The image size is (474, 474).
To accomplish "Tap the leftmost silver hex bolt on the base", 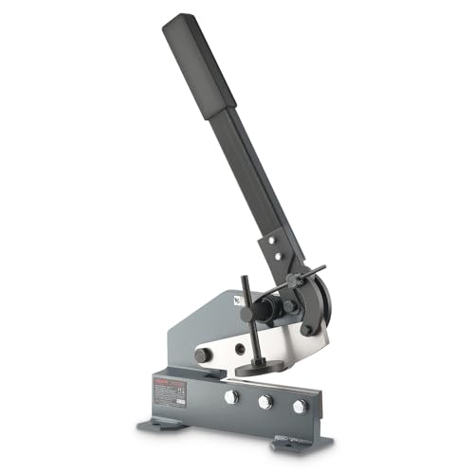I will point(230,397).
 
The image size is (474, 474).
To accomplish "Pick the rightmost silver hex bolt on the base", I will point(301,407).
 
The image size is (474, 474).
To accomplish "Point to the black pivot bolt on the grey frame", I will point(202,355).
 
